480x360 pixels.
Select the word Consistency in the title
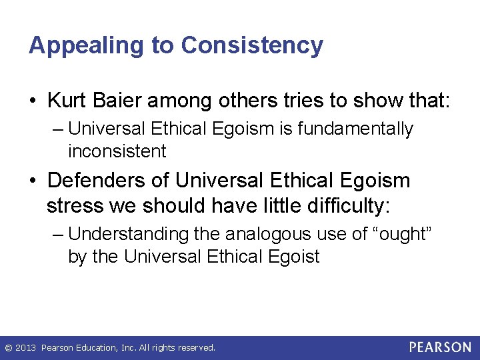252,45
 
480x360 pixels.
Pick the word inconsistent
117,151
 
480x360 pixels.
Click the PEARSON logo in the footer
439,347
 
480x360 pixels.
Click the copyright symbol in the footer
9,348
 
